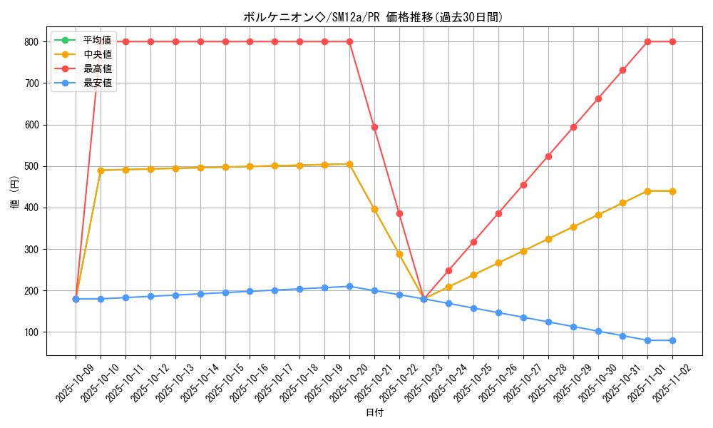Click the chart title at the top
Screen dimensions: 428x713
click(373, 18)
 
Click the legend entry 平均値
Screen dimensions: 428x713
click(98, 39)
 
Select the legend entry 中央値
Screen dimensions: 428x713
click(98, 54)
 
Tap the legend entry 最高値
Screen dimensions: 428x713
click(98, 68)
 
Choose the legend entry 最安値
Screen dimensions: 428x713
click(98, 83)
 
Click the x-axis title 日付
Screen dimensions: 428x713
click(374, 413)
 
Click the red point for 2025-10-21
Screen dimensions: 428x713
click(374, 127)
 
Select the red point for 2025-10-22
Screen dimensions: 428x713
click(399, 213)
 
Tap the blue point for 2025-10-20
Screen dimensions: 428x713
click(349, 286)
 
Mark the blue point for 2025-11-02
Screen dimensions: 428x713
click(672, 340)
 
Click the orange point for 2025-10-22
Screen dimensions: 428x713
click(399, 254)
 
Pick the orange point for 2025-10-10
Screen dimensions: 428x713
click(101, 170)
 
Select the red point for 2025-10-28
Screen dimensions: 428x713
click(548, 156)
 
